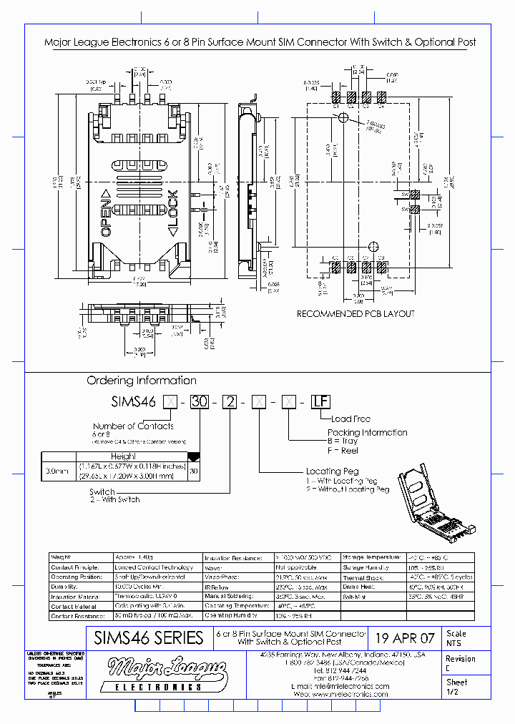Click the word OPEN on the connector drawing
point(105,213)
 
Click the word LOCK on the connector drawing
point(172,213)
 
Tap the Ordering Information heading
point(142,381)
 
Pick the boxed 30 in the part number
point(200,401)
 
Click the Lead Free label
point(350,419)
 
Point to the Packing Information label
point(367,432)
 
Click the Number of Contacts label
point(133,426)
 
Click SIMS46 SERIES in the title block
point(149,638)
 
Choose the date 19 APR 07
point(405,638)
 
